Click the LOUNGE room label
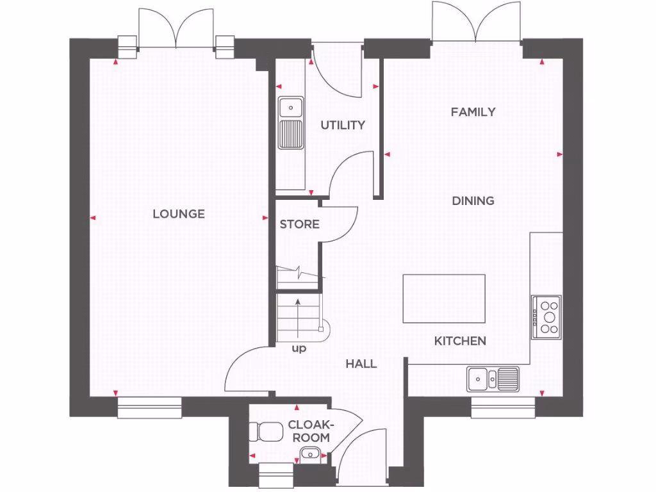coord(179,214)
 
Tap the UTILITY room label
coord(343,125)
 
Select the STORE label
coord(299,224)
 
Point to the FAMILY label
coord(473,112)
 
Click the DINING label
coord(473,201)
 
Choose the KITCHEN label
coord(460,341)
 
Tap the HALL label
coord(361,364)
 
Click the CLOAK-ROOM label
coord(311,431)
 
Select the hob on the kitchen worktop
coord(546,317)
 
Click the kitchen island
coord(443,299)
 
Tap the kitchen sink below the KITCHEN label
coord(493,378)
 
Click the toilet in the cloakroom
coord(266,432)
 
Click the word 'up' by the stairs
coord(299,349)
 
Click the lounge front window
coord(149,407)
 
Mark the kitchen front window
coord(503,407)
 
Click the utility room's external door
coord(336,70)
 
